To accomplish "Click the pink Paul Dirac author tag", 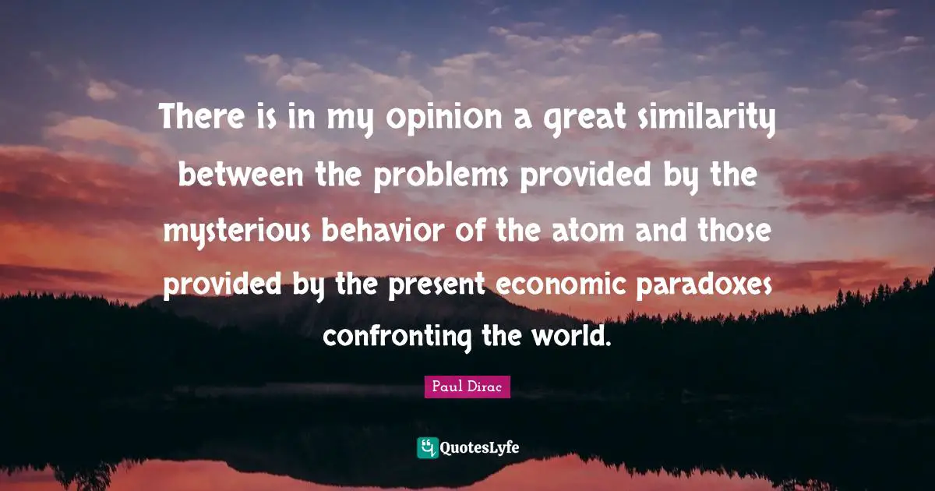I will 467,387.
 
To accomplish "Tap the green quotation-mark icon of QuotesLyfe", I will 427,447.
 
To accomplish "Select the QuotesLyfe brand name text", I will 480,447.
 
